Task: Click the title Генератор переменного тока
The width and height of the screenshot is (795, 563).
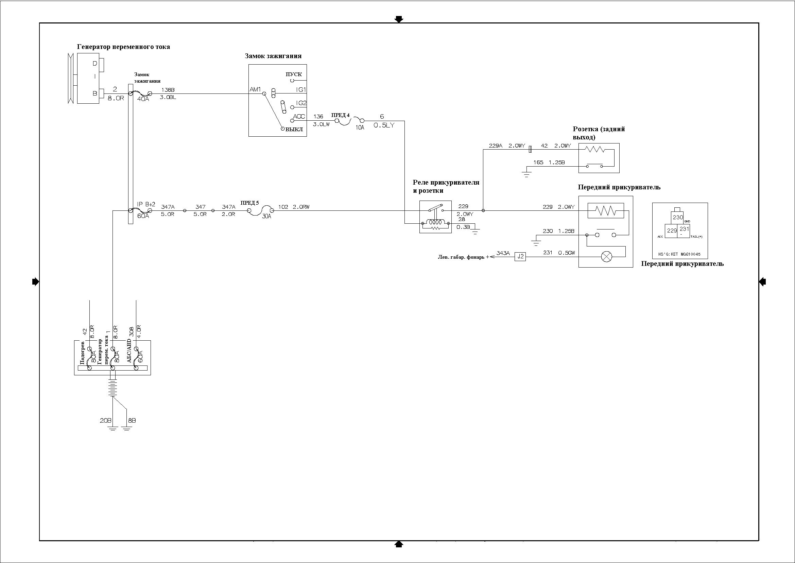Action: pos(123,47)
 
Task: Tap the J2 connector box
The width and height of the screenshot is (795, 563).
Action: pos(520,257)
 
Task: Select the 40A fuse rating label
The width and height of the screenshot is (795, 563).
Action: pos(143,99)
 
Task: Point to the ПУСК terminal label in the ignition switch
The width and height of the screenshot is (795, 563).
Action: pos(294,74)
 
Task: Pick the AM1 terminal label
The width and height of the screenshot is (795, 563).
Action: pos(255,90)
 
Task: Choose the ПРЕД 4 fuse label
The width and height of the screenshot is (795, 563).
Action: pos(340,116)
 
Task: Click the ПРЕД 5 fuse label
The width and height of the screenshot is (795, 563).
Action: pos(249,203)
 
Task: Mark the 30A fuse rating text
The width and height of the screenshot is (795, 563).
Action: pos(266,216)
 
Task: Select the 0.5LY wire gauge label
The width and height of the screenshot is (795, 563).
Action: pos(384,125)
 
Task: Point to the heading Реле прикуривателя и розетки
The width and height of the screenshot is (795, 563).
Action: pos(446,187)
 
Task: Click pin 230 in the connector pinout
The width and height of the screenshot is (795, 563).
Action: pos(677,218)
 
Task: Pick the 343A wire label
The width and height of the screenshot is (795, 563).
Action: pos(503,253)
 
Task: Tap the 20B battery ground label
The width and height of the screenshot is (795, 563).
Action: pos(106,421)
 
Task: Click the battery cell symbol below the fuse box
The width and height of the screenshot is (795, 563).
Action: pos(113,389)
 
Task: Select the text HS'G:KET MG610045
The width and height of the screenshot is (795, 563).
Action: pos(679,254)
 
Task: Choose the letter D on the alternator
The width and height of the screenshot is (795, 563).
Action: pos(95,64)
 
